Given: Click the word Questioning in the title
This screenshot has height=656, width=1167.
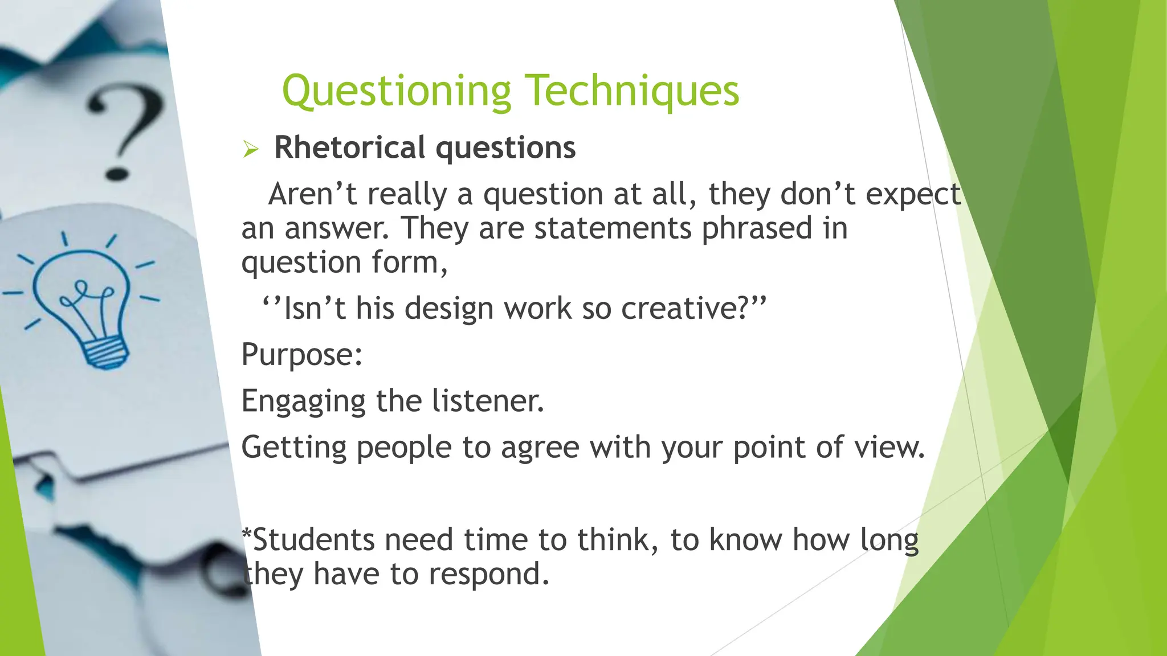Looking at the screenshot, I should pyautogui.click(x=397, y=91).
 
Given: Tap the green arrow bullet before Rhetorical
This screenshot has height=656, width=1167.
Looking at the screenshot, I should pyautogui.click(x=251, y=149).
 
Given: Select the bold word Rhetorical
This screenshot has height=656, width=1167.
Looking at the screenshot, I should pyautogui.click(x=349, y=147).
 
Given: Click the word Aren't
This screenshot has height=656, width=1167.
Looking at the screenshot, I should pyautogui.click(x=312, y=194).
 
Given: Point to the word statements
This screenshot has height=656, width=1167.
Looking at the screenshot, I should pyautogui.click(x=613, y=228).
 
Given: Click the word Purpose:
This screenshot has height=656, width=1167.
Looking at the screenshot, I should pyautogui.click(x=302, y=355).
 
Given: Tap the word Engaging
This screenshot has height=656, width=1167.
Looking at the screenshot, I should pyautogui.click(x=303, y=401).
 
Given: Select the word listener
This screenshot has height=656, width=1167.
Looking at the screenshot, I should pyautogui.click(x=488, y=401).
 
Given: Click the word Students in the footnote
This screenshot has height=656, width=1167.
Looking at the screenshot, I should pyautogui.click(x=313, y=540).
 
